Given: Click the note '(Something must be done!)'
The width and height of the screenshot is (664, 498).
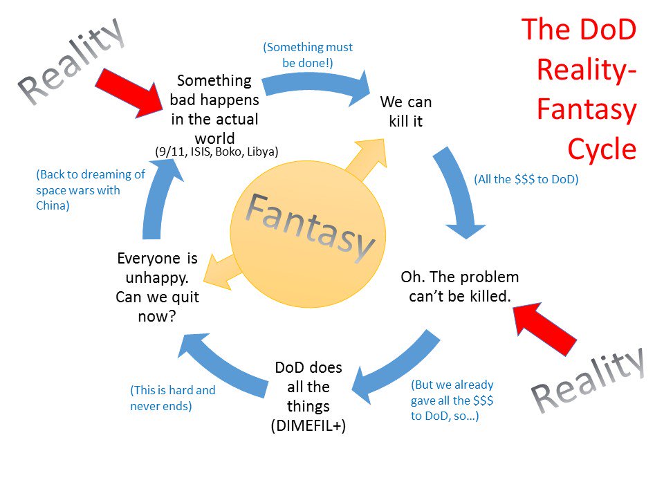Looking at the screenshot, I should pos(308,55).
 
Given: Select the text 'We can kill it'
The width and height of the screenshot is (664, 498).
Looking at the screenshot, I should pos(406,112).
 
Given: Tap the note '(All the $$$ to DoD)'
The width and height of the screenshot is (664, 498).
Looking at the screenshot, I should pos(526,179).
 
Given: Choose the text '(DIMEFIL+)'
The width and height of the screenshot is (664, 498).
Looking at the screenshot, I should pos(308,425).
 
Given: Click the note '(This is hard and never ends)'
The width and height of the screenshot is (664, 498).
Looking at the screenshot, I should pos(172,398).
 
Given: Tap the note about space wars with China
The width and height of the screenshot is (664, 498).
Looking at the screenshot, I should pos(90,190).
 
